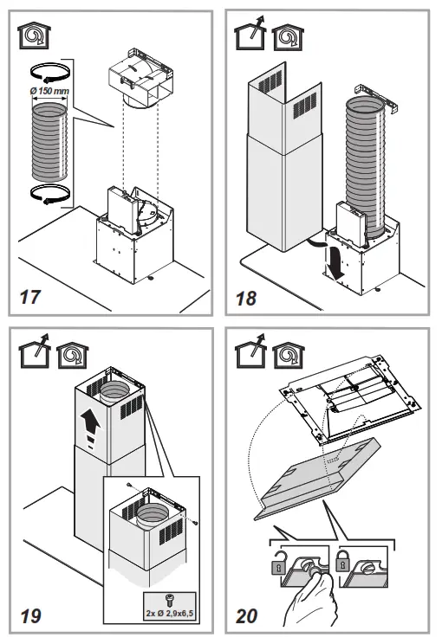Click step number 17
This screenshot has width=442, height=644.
(30, 297)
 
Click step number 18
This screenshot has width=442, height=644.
(246, 298)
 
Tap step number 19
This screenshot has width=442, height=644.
(30, 616)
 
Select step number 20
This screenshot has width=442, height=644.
(247, 616)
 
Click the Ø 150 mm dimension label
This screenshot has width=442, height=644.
(49, 91)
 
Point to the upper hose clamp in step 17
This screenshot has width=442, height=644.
(49, 72)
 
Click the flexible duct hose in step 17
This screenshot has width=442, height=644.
(49, 142)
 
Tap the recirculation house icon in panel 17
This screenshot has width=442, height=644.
(34, 35)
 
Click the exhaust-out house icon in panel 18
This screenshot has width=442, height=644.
(250, 35)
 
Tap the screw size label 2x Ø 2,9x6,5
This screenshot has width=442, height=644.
(169, 614)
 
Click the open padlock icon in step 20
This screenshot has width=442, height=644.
(277, 562)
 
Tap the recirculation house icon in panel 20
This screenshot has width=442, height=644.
(289, 356)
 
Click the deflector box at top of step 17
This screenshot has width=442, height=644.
(139, 78)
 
